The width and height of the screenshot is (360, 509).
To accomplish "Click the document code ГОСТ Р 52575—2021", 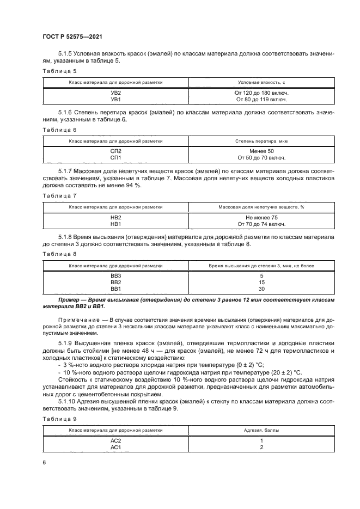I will [72, 36].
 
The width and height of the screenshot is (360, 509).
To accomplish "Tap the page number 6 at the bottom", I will [44, 462].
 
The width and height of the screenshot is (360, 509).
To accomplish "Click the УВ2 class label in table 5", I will [115, 93].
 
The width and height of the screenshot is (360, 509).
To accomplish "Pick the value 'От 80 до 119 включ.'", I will [261, 100].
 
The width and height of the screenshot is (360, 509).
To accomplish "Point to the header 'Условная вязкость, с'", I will [261, 82].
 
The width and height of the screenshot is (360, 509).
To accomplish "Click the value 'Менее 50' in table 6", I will [261, 151].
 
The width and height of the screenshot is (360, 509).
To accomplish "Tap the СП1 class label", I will [115, 158].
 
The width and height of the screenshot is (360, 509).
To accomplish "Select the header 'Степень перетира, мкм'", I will [261, 140].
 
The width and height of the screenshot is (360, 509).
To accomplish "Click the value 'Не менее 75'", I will [261, 217].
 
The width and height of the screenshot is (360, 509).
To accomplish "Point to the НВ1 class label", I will [115, 223].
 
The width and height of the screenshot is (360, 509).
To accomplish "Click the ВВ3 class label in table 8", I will [115, 276].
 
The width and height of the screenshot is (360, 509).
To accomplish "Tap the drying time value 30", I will [261, 289].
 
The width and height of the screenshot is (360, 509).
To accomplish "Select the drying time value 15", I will [261, 283].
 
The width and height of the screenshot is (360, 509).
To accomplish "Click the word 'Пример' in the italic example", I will [70, 300].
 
